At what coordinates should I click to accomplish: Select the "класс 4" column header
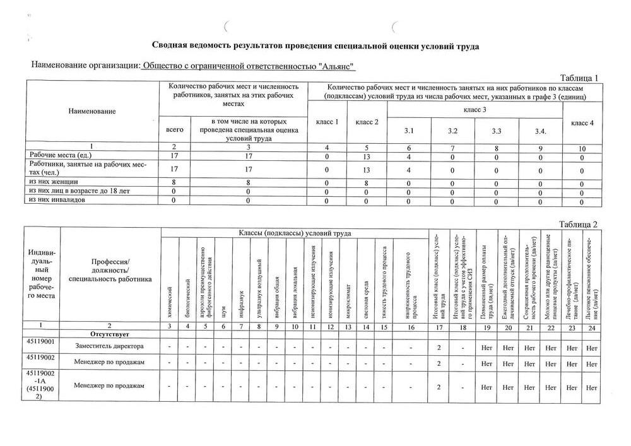(x=582, y=123)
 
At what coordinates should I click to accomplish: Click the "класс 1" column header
(x=327, y=122)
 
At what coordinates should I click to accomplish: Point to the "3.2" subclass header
(x=452, y=131)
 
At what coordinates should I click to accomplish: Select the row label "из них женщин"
(x=50, y=182)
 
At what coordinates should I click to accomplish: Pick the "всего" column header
(x=175, y=129)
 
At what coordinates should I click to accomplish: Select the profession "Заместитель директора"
(x=109, y=346)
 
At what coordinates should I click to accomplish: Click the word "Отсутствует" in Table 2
(x=109, y=332)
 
